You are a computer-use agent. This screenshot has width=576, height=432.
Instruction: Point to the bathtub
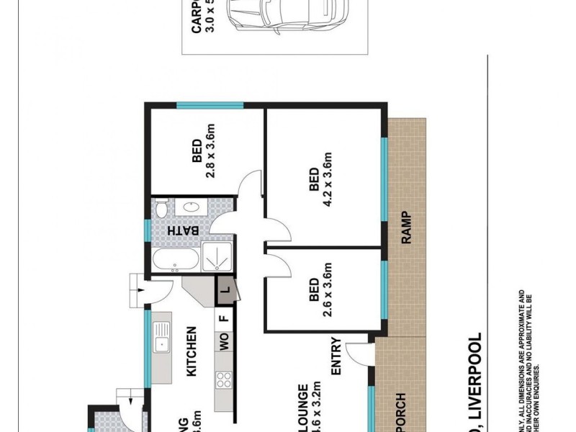(176, 261)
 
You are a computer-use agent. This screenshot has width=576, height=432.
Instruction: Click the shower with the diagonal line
(217, 256)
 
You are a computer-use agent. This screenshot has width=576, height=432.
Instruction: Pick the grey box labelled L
(224, 291)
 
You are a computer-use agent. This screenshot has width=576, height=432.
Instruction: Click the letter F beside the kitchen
(224, 318)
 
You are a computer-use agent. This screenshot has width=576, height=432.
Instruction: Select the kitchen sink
(161, 339)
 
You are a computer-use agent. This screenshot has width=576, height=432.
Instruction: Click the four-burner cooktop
(223, 379)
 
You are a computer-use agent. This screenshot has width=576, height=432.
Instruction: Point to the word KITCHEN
(192, 352)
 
